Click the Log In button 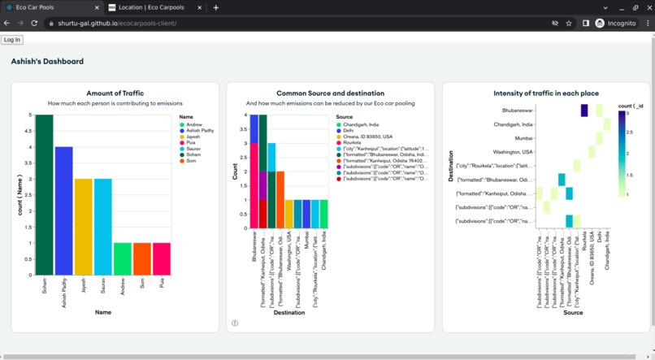(12, 40)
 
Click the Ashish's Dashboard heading (47, 61)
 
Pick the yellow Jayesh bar (83, 228)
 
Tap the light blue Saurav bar (102, 228)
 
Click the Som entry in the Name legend (190, 161)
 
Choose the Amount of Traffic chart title (115, 93)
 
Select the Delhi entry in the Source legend (348, 131)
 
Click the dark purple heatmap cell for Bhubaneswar (584, 111)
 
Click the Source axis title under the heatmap (572, 313)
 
